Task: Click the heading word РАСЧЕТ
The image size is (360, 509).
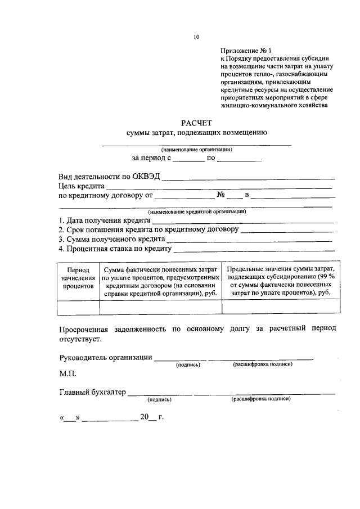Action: pyautogui.click(x=196, y=123)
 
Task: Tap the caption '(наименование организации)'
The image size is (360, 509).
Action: pyautogui.click(x=196, y=150)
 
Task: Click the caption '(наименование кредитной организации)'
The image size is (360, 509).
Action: pyautogui.click(x=196, y=211)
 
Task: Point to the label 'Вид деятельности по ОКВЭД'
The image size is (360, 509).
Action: pyautogui.click(x=109, y=176)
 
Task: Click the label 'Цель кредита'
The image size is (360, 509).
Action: pyautogui.click(x=82, y=186)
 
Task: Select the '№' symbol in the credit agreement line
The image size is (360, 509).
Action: pyautogui.click(x=221, y=195)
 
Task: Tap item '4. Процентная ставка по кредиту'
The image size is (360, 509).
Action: pyautogui.click(x=115, y=248)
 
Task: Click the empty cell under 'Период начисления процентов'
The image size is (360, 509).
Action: pyautogui.click(x=78, y=307)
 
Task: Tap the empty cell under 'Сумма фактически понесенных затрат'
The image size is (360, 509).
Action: pyautogui.click(x=160, y=307)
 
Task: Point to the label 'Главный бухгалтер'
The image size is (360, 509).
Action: pyautogui.click(x=92, y=392)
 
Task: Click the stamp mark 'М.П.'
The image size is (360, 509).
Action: pyautogui.click(x=67, y=373)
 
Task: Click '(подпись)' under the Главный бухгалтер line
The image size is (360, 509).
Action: pyautogui.click(x=159, y=399)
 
